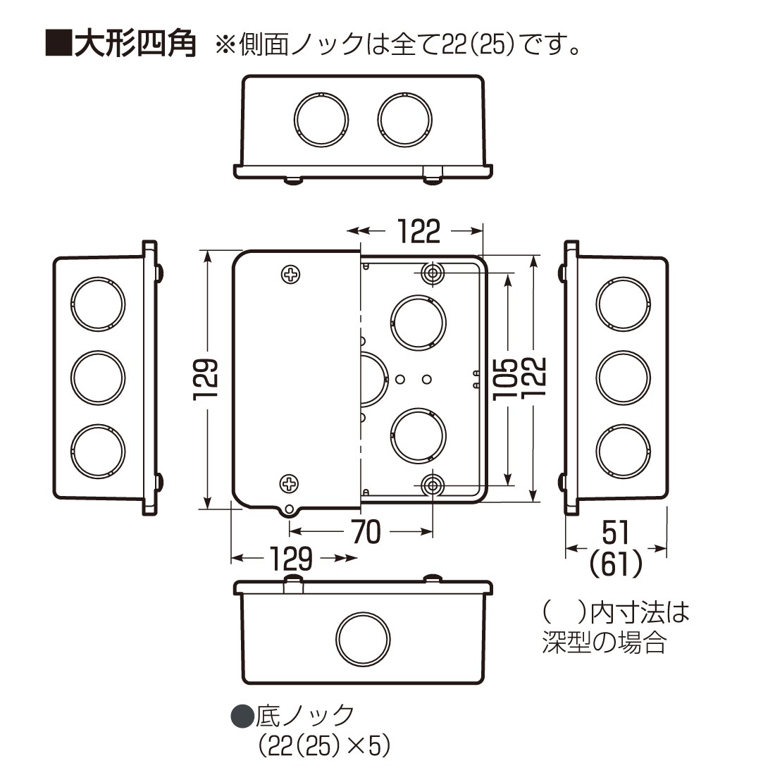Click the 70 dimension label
[365, 533]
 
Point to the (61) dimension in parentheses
[616, 564]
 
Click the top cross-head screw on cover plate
[290, 274]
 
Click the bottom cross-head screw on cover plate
[290, 483]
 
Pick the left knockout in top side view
[321, 117]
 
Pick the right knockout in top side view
[404, 117]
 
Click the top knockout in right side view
[622, 304]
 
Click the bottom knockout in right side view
[622, 451]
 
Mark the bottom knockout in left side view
[98, 450]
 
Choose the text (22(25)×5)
[324, 745]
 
